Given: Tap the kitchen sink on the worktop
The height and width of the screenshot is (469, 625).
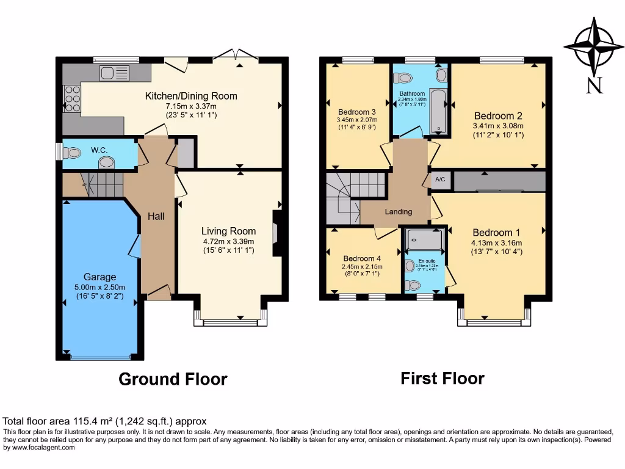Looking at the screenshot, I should (114, 73).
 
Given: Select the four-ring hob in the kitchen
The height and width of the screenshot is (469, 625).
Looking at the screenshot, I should (71, 98).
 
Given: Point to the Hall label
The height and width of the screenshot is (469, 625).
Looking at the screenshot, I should (155, 216).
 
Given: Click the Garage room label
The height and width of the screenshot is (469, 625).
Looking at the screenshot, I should (100, 277).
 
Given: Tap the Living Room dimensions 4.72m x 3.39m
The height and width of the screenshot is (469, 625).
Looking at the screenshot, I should (228, 241).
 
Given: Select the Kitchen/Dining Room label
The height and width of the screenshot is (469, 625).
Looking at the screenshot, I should (190, 96).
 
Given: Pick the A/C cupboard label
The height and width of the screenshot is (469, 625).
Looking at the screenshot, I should (440, 181).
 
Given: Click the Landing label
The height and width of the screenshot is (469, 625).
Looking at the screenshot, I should (398, 212).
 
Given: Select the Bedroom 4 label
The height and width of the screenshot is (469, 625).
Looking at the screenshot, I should (362, 258).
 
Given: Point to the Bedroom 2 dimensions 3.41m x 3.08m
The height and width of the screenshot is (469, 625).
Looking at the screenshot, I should (498, 126).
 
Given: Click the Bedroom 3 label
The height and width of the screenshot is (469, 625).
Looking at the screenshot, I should (356, 112).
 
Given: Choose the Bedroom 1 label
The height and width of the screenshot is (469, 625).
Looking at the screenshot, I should (496, 233).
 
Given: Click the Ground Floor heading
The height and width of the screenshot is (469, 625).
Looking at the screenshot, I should (173, 379).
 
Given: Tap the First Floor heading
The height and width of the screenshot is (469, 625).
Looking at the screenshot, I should (443, 379).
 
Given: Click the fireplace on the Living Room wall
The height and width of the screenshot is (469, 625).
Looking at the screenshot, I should (276, 233).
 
